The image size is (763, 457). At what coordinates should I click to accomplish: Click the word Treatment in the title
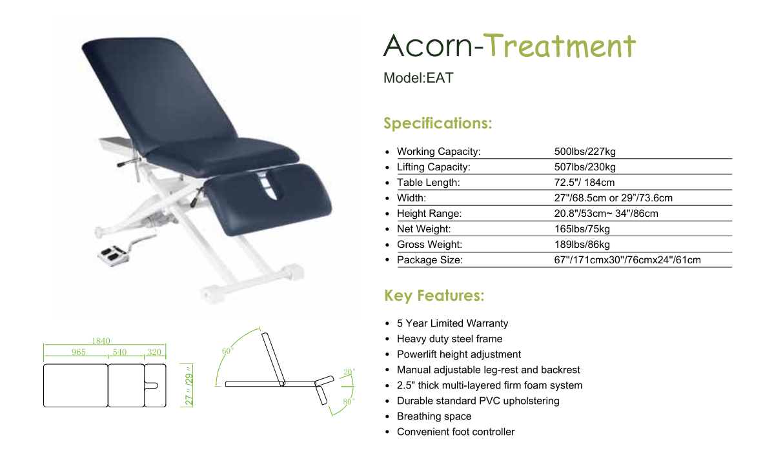tap(560, 46)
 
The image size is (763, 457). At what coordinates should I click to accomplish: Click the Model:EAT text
tap(418, 78)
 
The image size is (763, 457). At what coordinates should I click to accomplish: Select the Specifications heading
tap(438, 123)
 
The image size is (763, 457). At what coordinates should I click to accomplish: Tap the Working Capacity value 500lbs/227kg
tap(585, 151)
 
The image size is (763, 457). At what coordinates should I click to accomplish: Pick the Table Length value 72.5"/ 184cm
tap(584, 183)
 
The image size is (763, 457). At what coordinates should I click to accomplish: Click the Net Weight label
tap(424, 228)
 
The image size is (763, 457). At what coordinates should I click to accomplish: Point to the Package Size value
tap(627, 260)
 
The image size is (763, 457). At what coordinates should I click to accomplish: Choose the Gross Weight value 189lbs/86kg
tap(582, 245)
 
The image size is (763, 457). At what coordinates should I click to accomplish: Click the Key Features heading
tap(434, 296)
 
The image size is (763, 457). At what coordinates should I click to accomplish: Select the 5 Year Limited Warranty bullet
tap(453, 323)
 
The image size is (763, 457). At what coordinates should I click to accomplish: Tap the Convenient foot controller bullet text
tap(456, 432)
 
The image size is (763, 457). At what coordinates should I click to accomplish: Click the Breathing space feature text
tap(434, 416)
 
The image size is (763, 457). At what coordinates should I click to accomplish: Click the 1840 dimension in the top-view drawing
tap(101, 341)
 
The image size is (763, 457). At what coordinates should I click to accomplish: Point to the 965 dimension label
tap(78, 352)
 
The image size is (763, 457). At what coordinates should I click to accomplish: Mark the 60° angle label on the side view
tap(228, 351)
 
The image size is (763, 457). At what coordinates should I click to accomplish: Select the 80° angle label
tap(349, 401)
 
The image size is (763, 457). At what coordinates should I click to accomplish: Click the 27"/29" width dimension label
tap(188, 385)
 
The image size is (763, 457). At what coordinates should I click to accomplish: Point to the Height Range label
tap(429, 213)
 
